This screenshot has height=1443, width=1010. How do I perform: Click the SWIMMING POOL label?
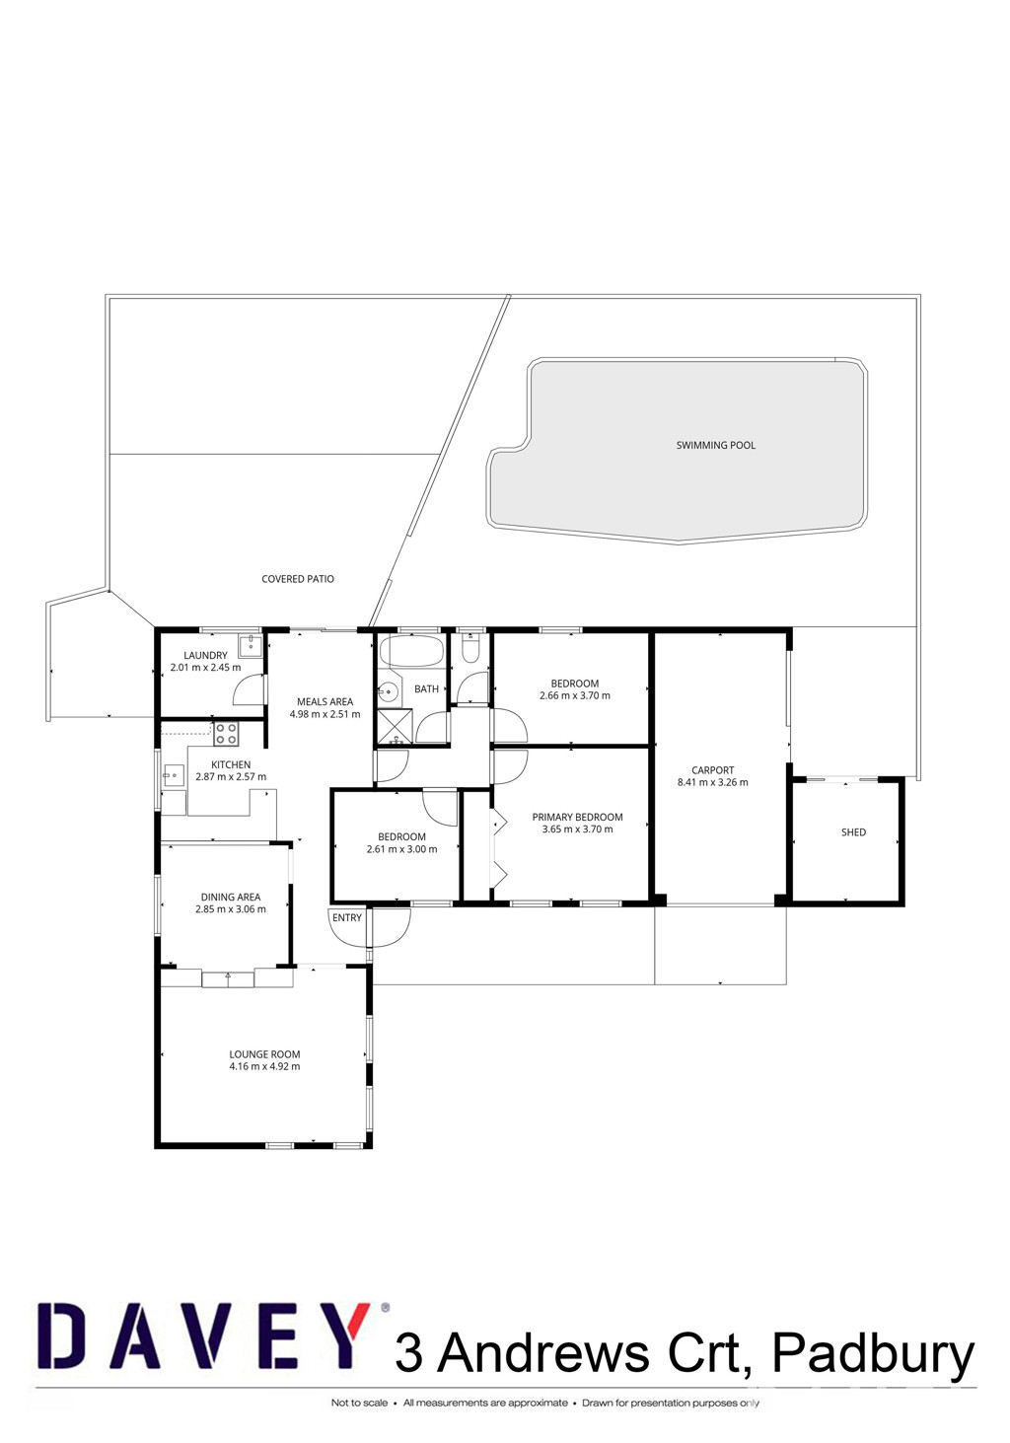[716, 445]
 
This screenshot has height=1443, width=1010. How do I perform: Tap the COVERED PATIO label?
[298, 579]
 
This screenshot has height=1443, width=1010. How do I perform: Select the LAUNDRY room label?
[205, 656]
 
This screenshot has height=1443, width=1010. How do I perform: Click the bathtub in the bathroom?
[411, 651]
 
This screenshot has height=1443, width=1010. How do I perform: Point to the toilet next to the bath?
[470, 649]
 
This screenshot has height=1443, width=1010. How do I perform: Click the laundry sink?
[250, 645]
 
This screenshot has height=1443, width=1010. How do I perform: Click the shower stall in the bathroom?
[395, 726]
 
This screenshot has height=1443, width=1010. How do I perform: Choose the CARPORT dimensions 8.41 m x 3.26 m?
[713, 783]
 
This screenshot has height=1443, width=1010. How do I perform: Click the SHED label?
[853, 832]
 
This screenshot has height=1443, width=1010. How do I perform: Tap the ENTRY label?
[347, 917]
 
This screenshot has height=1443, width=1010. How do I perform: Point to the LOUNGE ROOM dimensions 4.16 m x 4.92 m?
[264, 1066]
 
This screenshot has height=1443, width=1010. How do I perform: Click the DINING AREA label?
[231, 897]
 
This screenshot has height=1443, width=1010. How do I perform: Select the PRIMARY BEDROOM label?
[578, 817]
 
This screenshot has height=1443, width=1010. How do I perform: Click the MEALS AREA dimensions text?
[325, 714]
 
